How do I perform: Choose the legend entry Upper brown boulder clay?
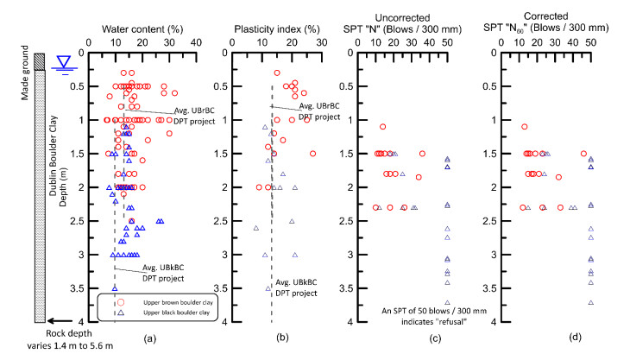point(178,302)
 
